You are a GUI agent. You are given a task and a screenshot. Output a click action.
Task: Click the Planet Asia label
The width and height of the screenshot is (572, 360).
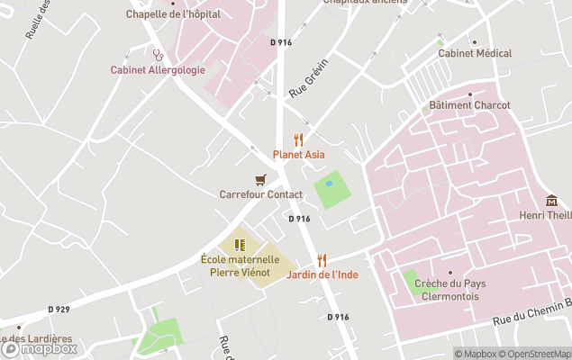298,154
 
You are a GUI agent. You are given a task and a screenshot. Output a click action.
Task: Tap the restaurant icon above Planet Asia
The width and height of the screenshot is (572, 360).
298,139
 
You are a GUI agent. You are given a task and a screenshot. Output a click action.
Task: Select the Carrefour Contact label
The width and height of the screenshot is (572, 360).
260,193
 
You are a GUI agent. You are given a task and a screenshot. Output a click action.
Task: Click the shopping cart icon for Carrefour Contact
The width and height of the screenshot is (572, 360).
260,180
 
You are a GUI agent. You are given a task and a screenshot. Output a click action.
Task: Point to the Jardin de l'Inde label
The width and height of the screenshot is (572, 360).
322,274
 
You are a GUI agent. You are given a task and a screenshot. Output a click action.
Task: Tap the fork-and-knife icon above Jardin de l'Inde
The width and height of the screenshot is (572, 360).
322,260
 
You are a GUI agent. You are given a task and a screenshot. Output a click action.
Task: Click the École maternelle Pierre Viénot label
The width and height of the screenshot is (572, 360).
240,265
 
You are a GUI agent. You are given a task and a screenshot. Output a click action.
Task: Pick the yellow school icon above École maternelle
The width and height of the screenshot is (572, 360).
240,245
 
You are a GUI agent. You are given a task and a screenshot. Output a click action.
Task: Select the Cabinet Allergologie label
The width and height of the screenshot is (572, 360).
158,69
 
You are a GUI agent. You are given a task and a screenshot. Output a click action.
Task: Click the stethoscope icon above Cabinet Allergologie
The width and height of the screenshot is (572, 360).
158,54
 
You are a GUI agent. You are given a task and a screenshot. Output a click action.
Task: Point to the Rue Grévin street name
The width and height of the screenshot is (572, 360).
308,77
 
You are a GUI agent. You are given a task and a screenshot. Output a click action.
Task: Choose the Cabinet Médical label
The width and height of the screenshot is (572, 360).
475,53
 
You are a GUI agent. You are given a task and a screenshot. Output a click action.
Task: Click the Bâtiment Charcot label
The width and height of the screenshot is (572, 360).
469,105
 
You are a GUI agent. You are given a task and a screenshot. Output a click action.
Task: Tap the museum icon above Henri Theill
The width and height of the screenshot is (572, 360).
551,200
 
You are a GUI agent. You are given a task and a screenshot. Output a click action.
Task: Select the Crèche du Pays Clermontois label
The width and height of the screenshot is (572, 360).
449,289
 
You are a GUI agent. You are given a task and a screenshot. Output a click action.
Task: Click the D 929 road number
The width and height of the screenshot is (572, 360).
59,309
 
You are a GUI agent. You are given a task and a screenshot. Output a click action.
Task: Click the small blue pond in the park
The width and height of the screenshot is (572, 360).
329,183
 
